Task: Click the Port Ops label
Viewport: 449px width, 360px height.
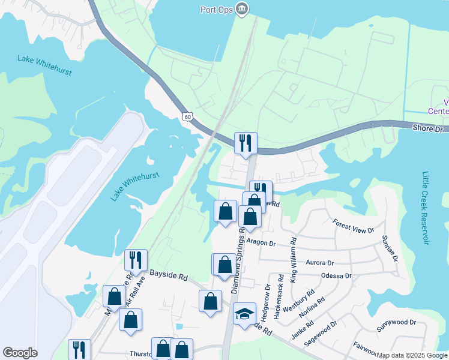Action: tap(217, 9)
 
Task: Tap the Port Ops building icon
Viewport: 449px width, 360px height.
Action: tap(242, 9)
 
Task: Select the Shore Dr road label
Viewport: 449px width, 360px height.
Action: tap(427, 128)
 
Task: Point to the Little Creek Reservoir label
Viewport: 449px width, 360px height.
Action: tap(426, 208)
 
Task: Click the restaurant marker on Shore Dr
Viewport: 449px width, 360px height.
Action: tap(246, 143)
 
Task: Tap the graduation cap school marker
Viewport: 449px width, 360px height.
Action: tap(244, 314)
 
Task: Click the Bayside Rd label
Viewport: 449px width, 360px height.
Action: tap(169, 277)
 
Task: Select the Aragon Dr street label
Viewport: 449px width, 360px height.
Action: tap(260, 244)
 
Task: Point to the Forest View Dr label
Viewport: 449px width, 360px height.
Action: tap(353, 226)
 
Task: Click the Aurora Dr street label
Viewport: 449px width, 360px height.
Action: tap(319, 263)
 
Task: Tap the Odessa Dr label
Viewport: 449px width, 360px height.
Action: tap(336, 276)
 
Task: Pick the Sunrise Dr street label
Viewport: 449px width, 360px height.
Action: tap(389, 248)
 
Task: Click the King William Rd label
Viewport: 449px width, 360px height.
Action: tap(294, 259)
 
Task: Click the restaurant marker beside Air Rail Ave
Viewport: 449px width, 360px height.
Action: tap(136, 260)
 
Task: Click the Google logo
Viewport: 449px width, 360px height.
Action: tap(20, 353)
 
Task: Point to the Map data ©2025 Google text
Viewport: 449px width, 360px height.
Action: tap(412, 355)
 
